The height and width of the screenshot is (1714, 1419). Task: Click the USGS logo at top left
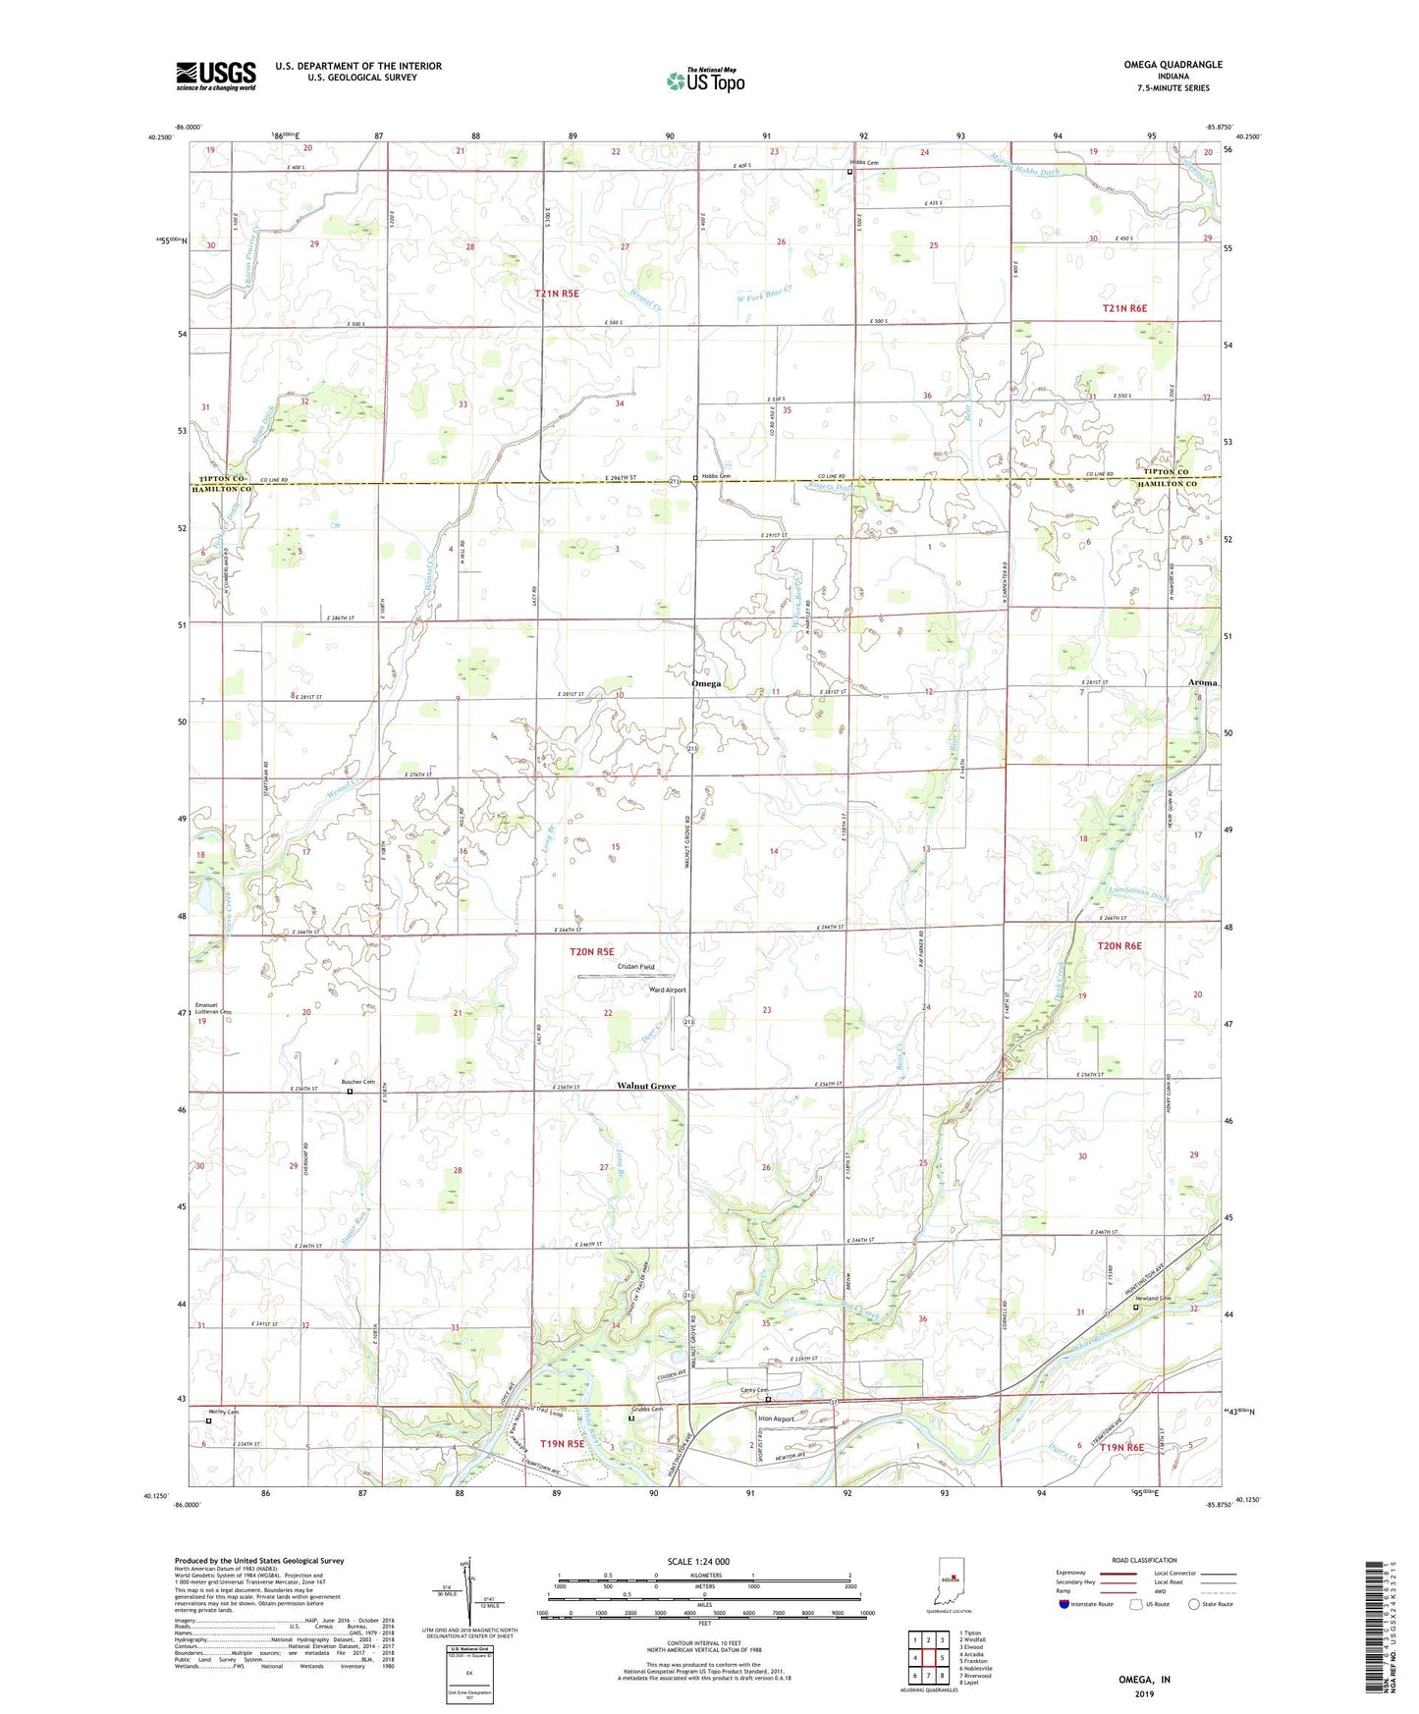(x=216, y=76)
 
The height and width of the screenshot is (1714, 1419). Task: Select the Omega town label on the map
(x=705, y=683)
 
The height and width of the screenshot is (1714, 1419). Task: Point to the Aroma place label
(x=1202, y=682)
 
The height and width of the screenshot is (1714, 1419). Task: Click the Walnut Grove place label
(x=645, y=1086)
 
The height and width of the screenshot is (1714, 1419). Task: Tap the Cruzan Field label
(x=634, y=967)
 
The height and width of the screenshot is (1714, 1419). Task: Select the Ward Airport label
(x=668, y=991)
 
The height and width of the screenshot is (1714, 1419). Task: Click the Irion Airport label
(x=775, y=1419)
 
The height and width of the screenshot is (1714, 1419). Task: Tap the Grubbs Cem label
(x=646, y=1410)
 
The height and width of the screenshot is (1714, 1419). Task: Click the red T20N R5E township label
(x=592, y=951)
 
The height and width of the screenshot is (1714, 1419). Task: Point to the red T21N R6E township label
(x=1124, y=308)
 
